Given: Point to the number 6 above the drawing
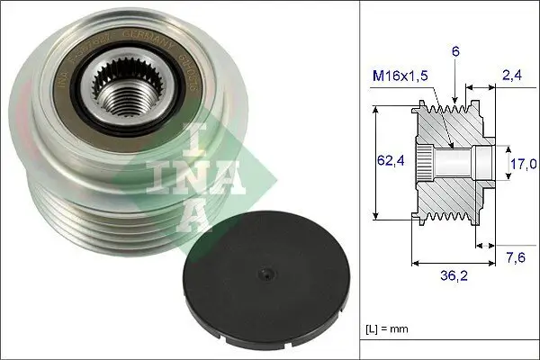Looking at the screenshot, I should (456, 53).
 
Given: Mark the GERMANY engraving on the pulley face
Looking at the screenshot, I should (153, 44).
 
